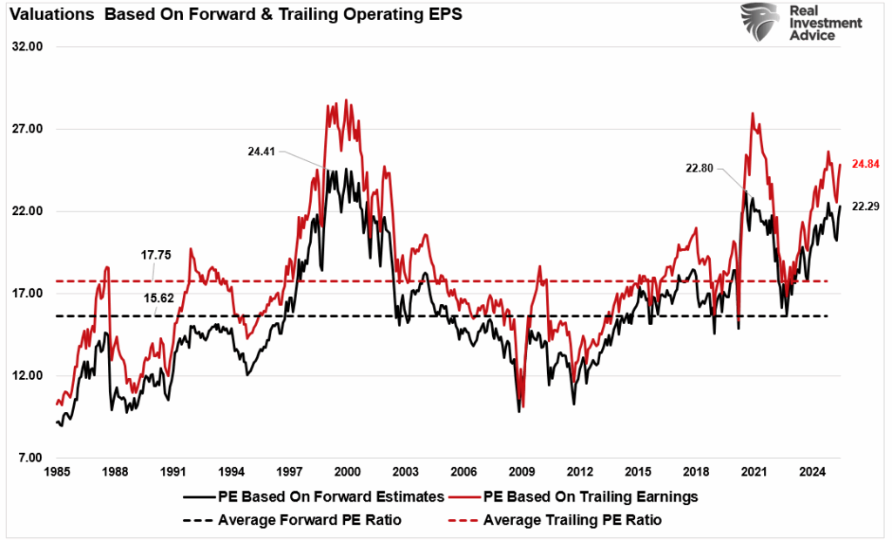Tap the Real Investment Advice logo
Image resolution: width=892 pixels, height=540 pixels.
pos(801,23)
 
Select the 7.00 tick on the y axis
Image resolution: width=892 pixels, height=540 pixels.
pos(29,458)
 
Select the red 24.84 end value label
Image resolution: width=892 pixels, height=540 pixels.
pos(866,164)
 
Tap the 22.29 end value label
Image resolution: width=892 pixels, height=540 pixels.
pos(866,206)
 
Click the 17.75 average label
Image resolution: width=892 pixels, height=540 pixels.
pos(158,255)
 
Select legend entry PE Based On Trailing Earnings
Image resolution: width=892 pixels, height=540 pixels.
pos(580,496)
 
